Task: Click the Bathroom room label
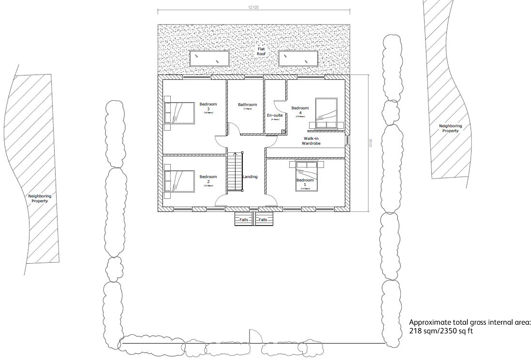247,105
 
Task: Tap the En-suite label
275,116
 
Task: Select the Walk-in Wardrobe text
311,141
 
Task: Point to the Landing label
251,177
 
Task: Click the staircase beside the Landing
235,172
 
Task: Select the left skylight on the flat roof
209,59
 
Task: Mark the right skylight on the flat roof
298,59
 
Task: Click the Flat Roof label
261,51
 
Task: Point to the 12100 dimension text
254,7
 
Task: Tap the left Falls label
244,220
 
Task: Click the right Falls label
263,220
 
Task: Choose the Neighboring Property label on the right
450,128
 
